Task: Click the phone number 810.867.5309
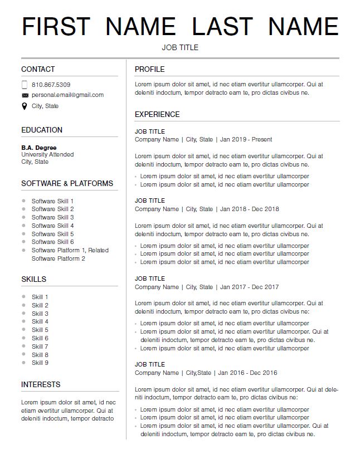click(x=51, y=85)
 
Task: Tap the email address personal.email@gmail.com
click(x=67, y=95)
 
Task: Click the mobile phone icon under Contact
click(x=25, y=85)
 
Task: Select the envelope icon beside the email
click(x=25, y=95)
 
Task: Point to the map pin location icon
click(x=25, y=106)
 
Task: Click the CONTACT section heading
click(x=38, y=69)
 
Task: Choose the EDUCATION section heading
click(x=42, y=130)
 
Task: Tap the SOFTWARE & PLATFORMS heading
click(x=67, y=183)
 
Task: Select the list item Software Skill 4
click(x=52, y=226)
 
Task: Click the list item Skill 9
click(x=40, y=363)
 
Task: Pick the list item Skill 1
click(x=40, y=297)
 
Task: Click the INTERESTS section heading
click(x=41, y=384)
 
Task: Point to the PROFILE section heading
click(x=149, y=69)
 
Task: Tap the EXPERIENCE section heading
click(x=157, y=114)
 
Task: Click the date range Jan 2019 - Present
click(x=246, y=139)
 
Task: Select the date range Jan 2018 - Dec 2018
click(x=249, y=209)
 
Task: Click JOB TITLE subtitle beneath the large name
click(x=180, y=47)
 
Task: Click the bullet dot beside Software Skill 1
click(x=23, y=201)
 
